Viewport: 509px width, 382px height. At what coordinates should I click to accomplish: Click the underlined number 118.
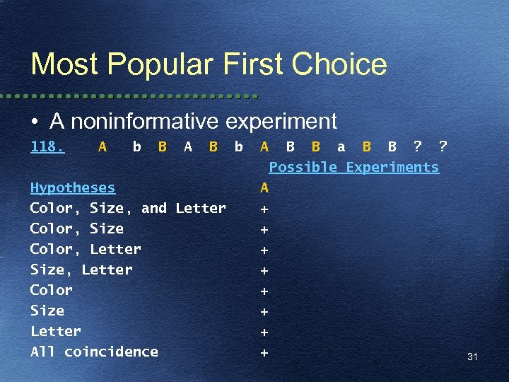coord(47,146)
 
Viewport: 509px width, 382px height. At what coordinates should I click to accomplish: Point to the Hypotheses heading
coord(72,187)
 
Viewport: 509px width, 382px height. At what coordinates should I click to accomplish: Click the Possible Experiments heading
coord(353,167)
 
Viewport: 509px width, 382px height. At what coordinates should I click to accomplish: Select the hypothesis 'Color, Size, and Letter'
coord(128,208)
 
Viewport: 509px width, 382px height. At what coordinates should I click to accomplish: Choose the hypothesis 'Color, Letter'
coord(86,249)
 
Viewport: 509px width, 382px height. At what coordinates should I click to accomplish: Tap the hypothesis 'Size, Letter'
coord(81,270)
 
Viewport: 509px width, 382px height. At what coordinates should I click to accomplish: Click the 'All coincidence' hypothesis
coord(94,352)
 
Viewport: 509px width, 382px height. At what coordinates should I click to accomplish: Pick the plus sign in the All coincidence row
coord(264,352)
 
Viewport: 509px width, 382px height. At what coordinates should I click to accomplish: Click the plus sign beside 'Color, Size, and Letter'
coord(264,209)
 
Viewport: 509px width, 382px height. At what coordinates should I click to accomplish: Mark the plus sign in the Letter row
coord(264,331)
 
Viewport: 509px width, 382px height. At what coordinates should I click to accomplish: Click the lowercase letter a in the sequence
coord(341,146)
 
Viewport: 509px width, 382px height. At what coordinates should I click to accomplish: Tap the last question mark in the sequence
coord(443,146)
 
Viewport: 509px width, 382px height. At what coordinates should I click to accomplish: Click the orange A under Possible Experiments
coord(264,187)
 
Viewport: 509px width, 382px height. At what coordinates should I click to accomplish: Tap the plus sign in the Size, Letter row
coord(264,270)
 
